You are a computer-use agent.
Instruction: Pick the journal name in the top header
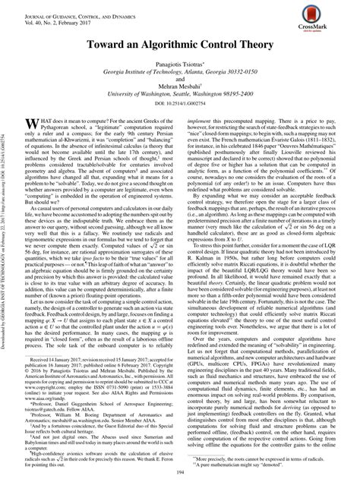click(65, 7)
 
